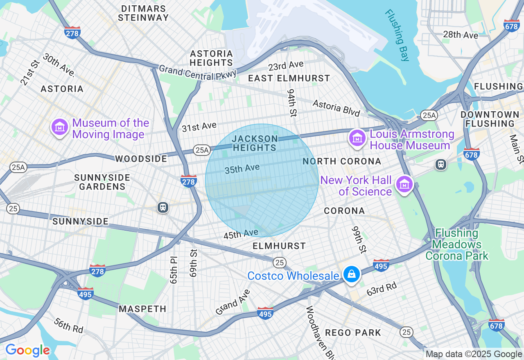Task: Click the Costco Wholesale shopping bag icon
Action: (x=351, y=274)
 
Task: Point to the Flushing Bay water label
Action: (x=397, y=35)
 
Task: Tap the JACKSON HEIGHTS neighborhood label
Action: (x=255, y=143)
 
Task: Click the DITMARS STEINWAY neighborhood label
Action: (x=143, y=13)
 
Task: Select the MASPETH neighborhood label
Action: (x=142, y=309)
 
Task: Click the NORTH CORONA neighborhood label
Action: (x=342, y=162)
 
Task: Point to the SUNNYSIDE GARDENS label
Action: (x=102, y=182)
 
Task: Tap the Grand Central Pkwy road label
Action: (x=198, y=72)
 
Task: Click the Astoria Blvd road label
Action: (x=336, y=108)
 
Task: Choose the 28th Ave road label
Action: (x=461, y=35)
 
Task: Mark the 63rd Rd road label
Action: (x=381, y=288)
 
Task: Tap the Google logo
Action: (x=27, y=351)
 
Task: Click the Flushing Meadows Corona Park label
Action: (x=456, y=245)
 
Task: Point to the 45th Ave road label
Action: (x=241, y=234)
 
